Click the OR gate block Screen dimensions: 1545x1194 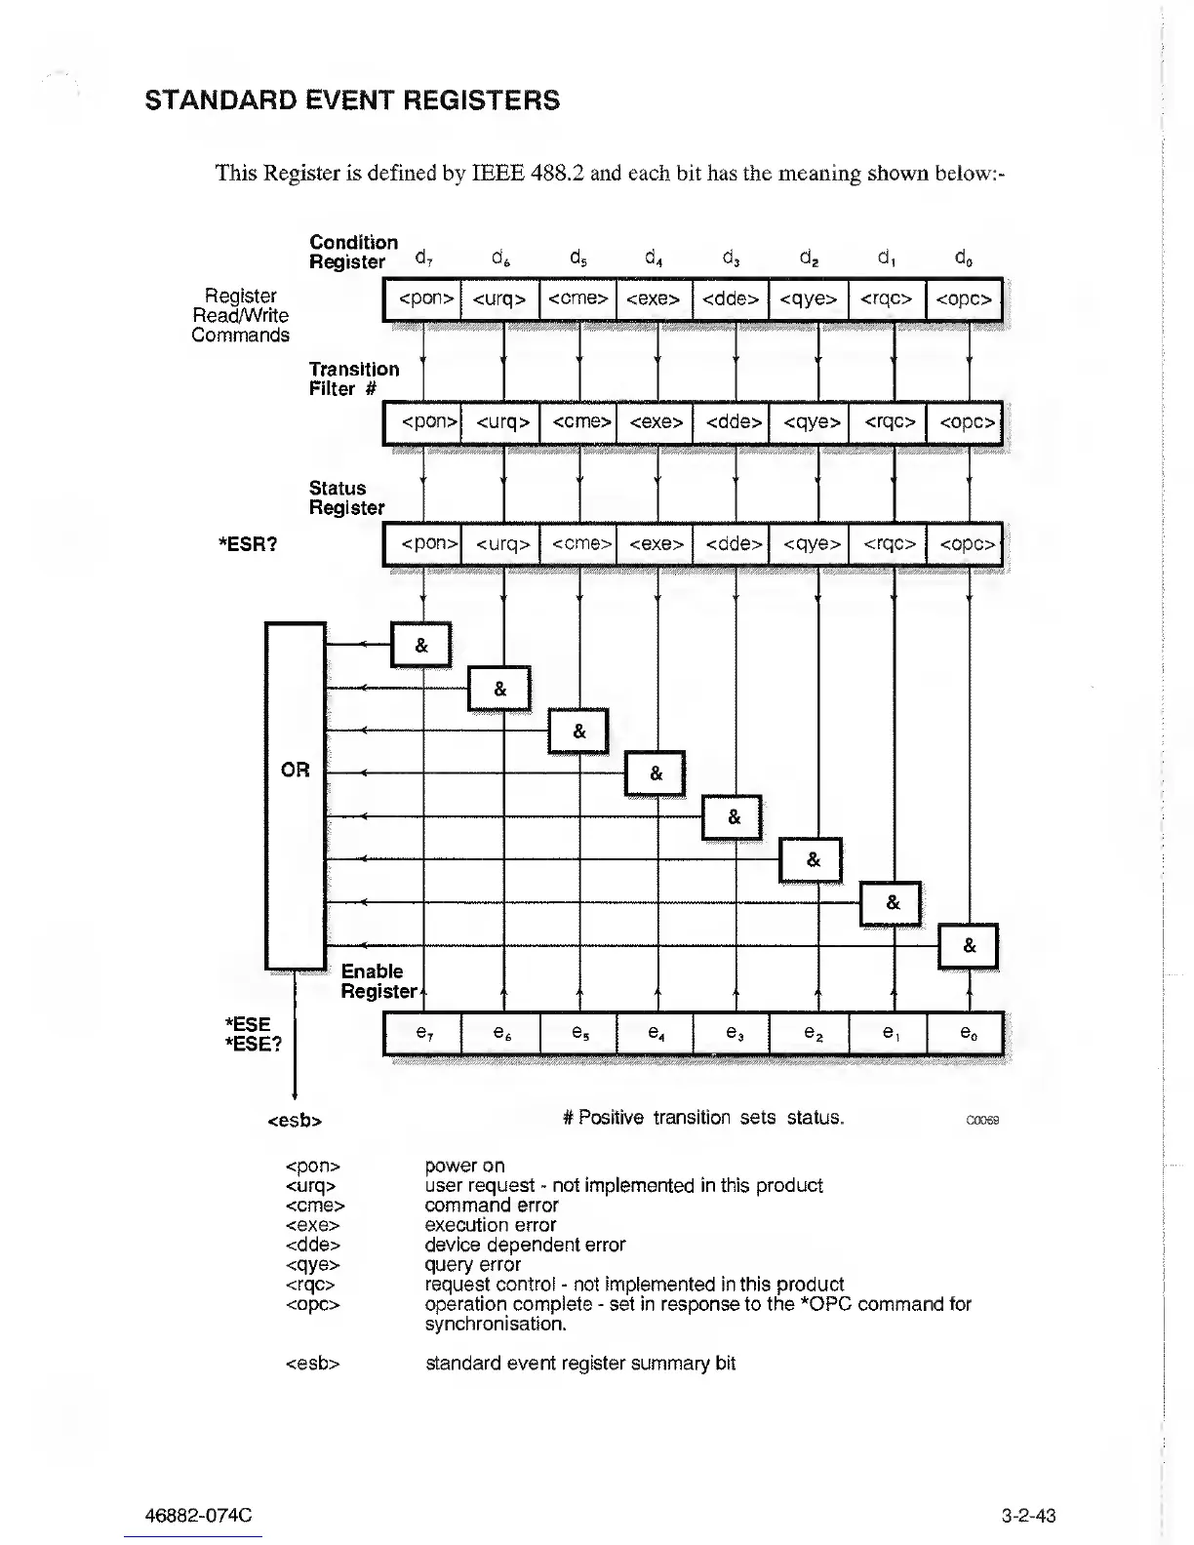[x=295, y=795]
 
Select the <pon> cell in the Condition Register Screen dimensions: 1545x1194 [x=422, y=299]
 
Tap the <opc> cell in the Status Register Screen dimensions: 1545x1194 [x=966, y=544]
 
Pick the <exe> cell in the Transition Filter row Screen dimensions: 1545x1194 [x=656, y=422]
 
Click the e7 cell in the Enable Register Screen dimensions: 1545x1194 [x=422, y=1033]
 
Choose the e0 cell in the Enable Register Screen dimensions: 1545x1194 [x=966, y=1033]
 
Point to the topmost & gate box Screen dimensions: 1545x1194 [x=421, y=646]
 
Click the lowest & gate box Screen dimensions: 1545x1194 [x=969, y=946]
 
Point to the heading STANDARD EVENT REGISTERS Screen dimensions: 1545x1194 [x=352, y=100]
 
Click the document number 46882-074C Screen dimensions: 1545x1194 [x=198, y=1516]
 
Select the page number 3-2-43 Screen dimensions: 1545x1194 [x=1028, y=1516]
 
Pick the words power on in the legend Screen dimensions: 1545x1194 [x=465, y=1166]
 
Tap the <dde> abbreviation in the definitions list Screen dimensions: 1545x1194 [x=312, y=1245]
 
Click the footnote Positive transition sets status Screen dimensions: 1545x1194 [x=710, y=1118]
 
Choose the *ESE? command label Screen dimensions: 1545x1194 [x=253, y=1044]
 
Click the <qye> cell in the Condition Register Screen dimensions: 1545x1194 [x=809, y=299]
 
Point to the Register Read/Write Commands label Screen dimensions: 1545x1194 [x=241, y=315]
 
